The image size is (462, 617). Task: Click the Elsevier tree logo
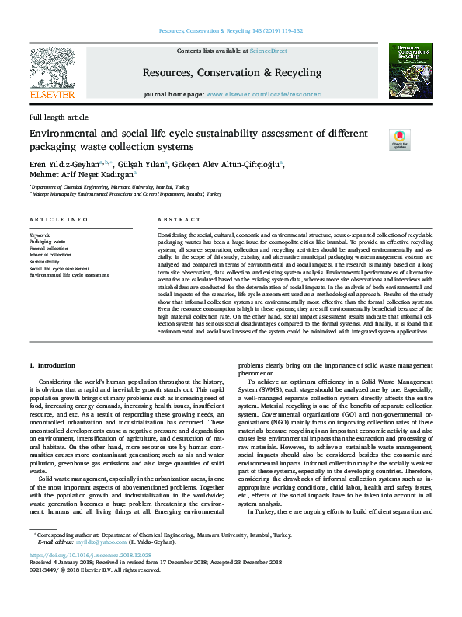(51, 71)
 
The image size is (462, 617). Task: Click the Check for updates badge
(377, 140)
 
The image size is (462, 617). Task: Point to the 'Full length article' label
(59, 117)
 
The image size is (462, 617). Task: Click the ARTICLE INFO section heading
(58, 221)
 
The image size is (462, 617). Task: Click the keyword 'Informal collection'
(50, 254)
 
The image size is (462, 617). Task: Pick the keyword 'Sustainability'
(44, 262)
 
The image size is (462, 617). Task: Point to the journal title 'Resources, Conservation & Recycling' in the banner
(231, 73)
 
